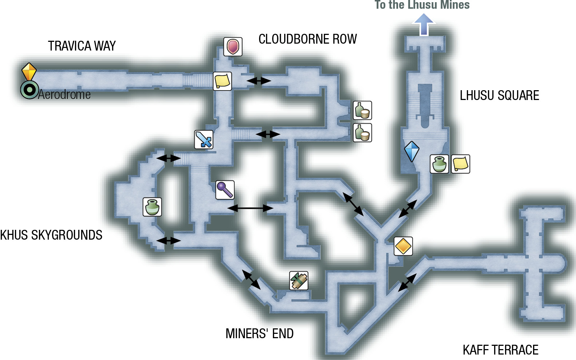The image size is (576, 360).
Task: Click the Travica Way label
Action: click(82, 46)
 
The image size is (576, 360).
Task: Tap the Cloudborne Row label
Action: click(307, 39)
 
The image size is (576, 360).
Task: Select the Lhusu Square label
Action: click(499, 95)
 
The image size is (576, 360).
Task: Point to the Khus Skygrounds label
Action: click(51, 235)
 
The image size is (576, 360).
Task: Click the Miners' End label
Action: click(259, 333)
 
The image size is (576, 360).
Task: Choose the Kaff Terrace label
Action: click(500, 350)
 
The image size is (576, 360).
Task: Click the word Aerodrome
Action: click(64, 95)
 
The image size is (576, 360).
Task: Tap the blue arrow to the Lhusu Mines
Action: click(424, 25)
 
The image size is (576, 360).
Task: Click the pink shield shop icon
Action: click(233, 47)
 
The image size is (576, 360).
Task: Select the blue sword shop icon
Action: click(204, 140)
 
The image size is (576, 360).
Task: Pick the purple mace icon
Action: click(225, 190)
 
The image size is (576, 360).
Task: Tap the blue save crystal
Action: click(412, 151)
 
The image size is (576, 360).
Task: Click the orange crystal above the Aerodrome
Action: click(29, 71)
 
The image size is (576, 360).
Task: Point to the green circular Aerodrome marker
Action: click(29, 90)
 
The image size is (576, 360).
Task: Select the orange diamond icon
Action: click(403, 246)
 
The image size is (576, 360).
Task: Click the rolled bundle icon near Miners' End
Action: click(298, 281)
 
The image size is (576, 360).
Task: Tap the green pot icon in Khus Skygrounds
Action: click(152, 207)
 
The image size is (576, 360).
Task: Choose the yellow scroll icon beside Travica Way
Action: click(222, 81)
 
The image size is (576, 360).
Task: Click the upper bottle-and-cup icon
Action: click(362, 111)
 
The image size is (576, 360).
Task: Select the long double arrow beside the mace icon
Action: click(250, 208)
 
